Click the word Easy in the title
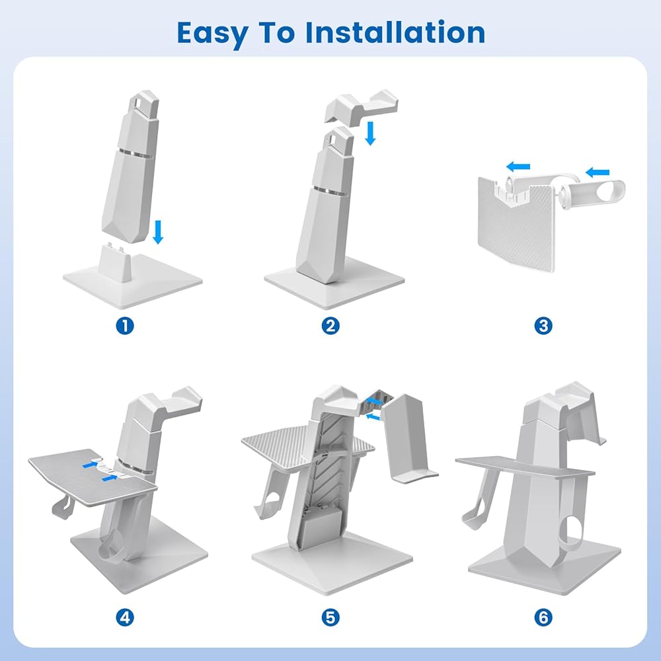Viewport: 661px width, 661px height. click(212, 34)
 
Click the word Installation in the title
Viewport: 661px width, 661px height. click(395, 32)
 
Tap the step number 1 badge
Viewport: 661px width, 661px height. click(125, 326)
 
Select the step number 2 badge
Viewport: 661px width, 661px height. click(330, 326)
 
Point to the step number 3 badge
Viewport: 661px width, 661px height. click(543, 326)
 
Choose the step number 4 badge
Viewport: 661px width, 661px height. click(125, 617)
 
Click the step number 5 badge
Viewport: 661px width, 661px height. click(330, 617)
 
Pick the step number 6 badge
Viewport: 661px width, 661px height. click(543, 617)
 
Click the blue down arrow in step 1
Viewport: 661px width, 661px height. click(158, 232)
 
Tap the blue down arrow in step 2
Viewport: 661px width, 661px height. click(370, 134)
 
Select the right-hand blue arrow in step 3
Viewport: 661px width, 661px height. click(598, 172)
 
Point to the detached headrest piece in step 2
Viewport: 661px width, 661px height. click(362, 107)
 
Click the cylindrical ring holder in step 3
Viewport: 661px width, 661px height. click(593, 195)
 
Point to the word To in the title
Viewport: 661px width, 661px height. click(276, 32)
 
